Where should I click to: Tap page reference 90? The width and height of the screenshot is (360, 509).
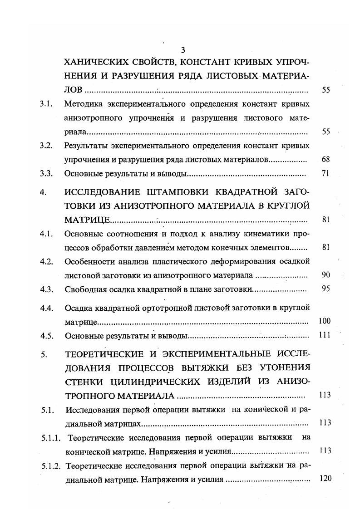(x=325, y=275)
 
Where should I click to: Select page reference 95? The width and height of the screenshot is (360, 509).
(x=325, y=289)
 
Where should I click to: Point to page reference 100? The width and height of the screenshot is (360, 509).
(x=324, y=321)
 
